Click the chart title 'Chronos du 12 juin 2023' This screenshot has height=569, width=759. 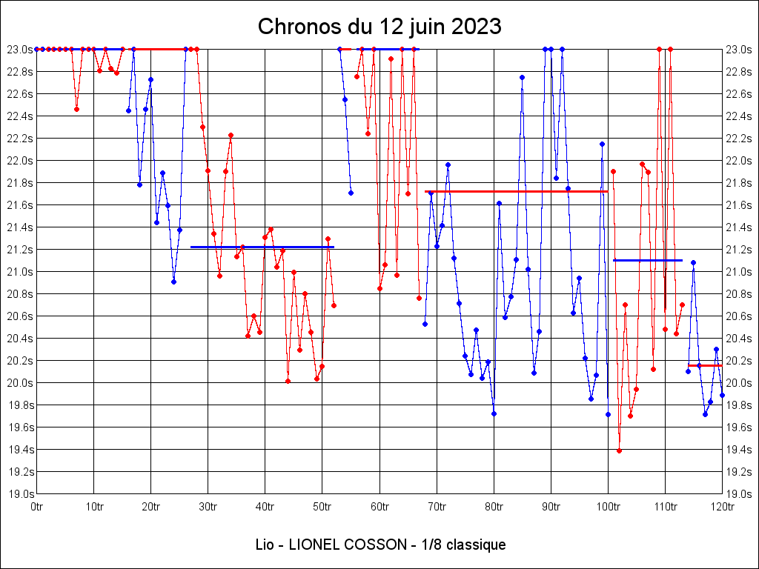click(379, 27)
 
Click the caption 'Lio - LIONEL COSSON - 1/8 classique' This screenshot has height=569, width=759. click(379, 545)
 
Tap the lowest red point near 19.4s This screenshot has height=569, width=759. click(619, 450)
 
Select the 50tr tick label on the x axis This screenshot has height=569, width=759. click(322, 507)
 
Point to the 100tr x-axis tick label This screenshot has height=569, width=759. click(608, 507)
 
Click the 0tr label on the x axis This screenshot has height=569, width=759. click(37, 507)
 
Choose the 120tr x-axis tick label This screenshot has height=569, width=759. click(722, 507)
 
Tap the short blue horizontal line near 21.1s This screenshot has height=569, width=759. click(648, 260)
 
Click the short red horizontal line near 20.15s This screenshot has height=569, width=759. click(705, 365)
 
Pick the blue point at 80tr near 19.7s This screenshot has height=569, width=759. click(494, 413)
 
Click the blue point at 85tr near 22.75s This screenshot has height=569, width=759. click(522, 77)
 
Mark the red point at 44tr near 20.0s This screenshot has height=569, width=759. click(288, 381)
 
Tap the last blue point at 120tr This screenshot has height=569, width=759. click(722, 395)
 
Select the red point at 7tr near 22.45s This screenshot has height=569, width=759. click(76, 109)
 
